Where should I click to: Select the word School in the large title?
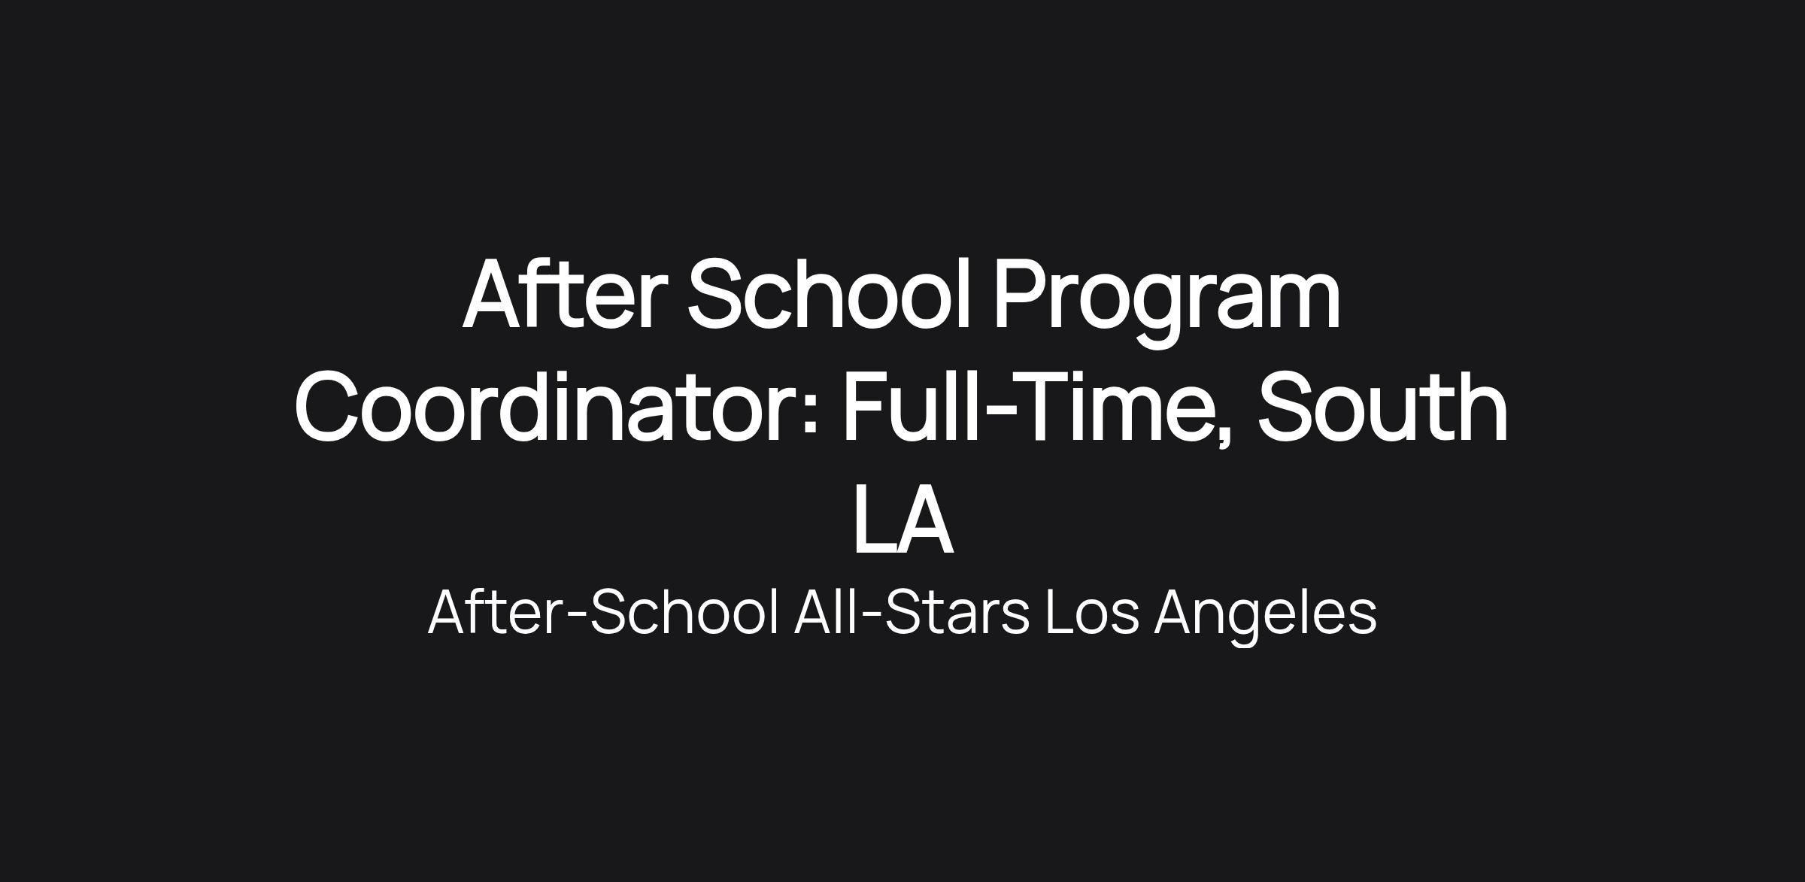pyautogui.click(x=830, y=293)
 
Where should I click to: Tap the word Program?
pyautogui.click(x=1167, y=301)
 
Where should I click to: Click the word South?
pyautogui.click(x=1382, y=407)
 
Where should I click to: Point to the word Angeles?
pyautogui.click(x=1265, y=617)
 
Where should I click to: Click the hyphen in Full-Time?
pyautogui.click(x=1000, y=411)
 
